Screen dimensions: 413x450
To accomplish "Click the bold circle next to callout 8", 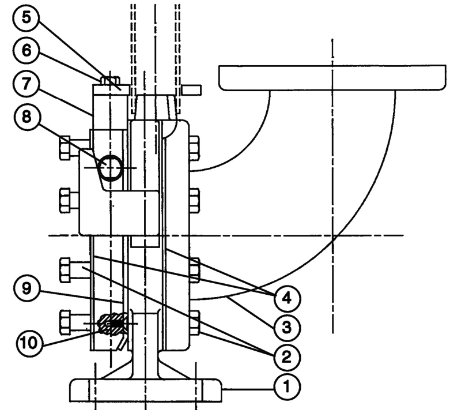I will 109,167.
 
